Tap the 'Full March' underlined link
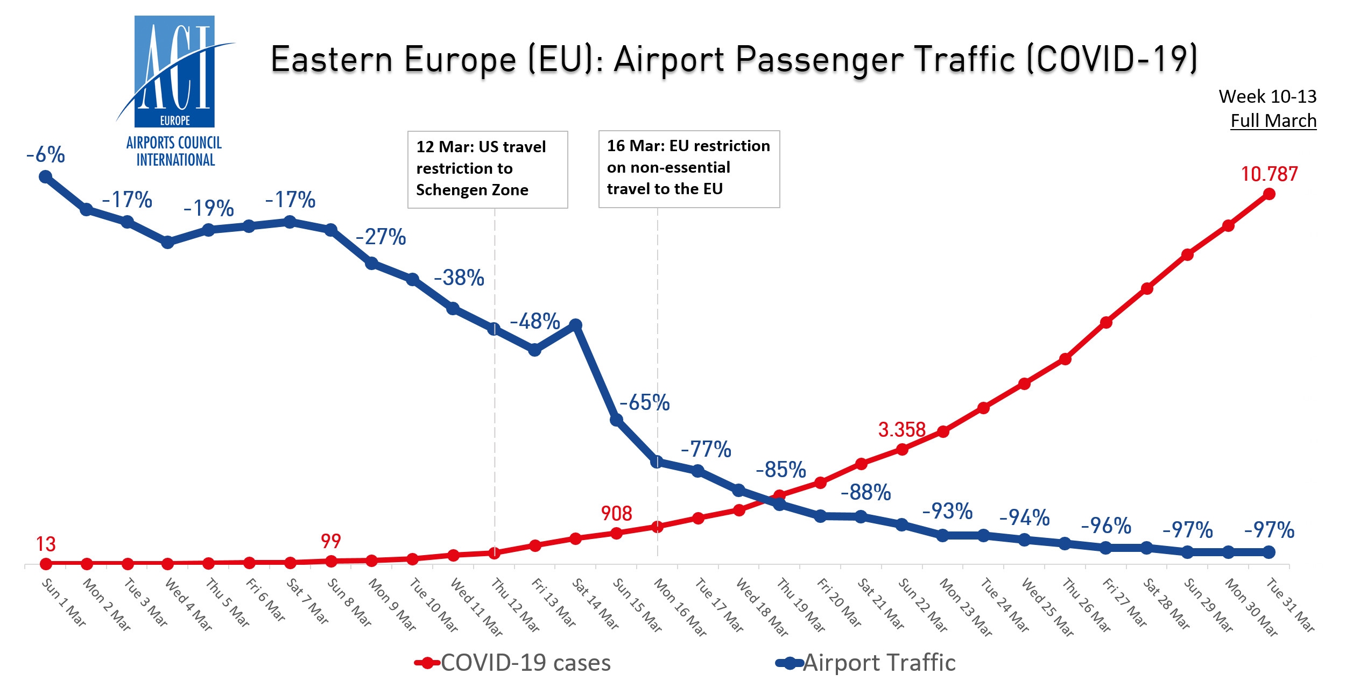1273,120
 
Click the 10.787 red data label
1269,174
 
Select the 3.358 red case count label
901,430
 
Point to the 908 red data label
616,514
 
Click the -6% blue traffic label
46,155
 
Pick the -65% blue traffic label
644,402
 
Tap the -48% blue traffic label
535,321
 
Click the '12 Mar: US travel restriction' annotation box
488,169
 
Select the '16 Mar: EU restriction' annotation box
689,168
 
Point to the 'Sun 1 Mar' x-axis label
64,602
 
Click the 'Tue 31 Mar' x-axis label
1291,604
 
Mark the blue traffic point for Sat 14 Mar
575,325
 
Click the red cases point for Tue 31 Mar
1269,194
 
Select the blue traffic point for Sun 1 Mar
46,176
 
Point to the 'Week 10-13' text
1267,96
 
